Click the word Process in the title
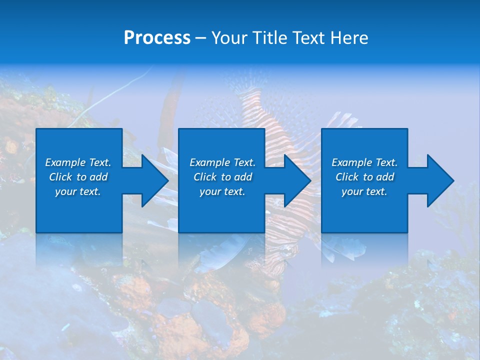(157, 38)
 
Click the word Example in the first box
(65, 162)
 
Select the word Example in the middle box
(209, 162)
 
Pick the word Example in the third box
(351, 162)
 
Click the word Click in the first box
(60, 177)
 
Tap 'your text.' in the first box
(78, 191)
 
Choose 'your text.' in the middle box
(222, 191)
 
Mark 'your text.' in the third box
(364, 191)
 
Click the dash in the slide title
(200, 38)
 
